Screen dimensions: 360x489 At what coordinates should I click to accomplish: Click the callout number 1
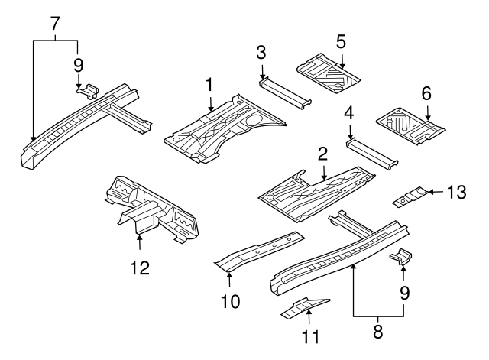pos(209,83)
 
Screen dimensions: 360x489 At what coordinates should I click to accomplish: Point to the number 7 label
pos(55,22)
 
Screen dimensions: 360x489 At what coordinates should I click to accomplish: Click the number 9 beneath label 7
pos(78,65)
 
